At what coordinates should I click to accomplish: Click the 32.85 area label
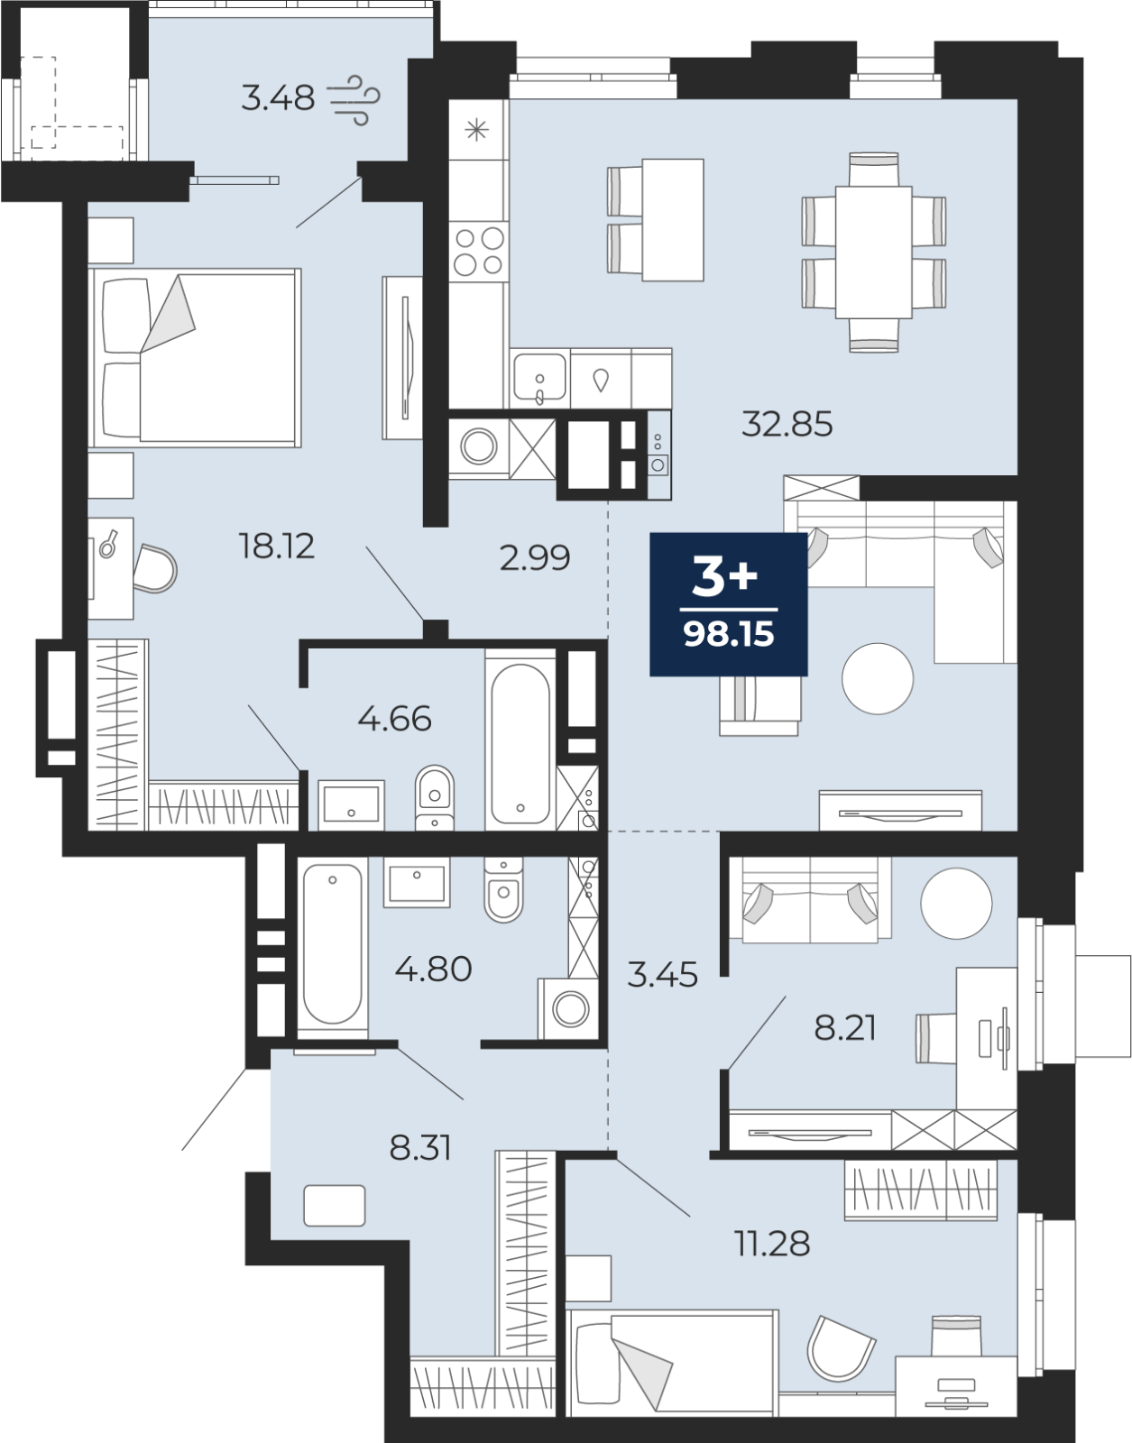click(787, 424)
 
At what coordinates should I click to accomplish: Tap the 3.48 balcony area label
click(278, 98)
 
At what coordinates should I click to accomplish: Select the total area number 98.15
click(729, 634)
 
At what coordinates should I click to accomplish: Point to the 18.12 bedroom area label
click(277, 547)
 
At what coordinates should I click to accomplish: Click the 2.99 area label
click(535, 557)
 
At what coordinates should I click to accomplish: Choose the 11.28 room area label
click(773, 1243)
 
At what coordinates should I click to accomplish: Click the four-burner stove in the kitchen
click(478, 251)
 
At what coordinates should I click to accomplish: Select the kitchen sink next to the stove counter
click(539, 379)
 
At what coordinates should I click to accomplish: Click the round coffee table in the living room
click(877, 679)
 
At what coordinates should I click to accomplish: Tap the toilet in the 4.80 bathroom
click(503, 888)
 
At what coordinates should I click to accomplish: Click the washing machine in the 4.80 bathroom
click(568, 1008)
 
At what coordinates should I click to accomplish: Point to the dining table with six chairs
click(873, 253)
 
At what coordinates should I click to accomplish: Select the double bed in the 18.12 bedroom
click(195, 357)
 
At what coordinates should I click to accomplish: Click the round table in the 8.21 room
click(956, 903)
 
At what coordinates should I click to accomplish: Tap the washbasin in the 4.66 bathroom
click(351, 804)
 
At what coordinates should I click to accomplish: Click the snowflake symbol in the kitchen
click(476, 130)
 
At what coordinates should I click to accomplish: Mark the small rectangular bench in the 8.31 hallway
click(335, 1205)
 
